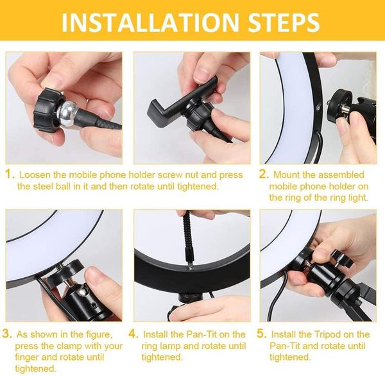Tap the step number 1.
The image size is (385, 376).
click(9, 175)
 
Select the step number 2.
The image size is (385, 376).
click(263, 175)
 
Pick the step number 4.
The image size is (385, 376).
click(132, 334)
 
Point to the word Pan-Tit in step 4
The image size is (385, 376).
click(198, 334)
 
